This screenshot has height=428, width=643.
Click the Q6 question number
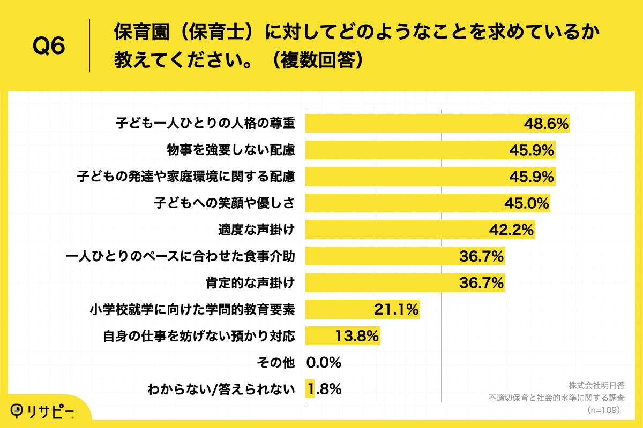pos(49,47)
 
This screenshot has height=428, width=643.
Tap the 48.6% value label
pos(545,124)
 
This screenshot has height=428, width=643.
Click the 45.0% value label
pos(527,203)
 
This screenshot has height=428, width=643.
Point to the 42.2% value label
pos(511,230)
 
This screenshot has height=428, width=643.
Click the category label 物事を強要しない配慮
pos(231,150)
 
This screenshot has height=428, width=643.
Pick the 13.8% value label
pos(357,336)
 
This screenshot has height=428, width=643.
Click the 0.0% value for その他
pos(324,363)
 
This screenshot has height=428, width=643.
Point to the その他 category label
pos(276,363)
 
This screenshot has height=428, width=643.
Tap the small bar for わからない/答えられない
pos(310,389)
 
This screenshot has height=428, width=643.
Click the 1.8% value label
pos(324,389)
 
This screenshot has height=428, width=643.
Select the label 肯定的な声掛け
pos(250,283)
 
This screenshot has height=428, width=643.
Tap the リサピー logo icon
pos(18,410)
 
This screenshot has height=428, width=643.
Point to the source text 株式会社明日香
pos(594,386)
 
